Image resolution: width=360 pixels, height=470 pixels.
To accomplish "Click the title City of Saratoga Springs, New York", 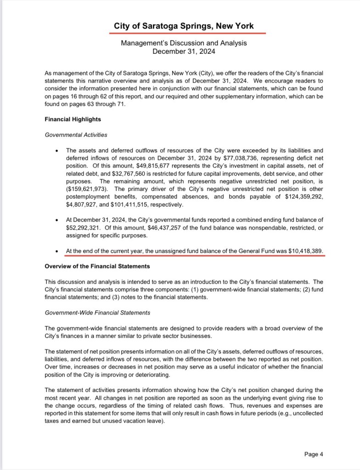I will [184, 26].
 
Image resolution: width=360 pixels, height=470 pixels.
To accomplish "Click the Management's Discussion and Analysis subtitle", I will [184, 43].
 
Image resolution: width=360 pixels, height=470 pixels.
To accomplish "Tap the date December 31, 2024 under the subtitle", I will [184, 51].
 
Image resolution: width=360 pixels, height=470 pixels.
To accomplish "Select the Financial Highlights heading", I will [73, 119].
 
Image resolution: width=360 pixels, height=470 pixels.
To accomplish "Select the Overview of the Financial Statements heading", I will [97, 266].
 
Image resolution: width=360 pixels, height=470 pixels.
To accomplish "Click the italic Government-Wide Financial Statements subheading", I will [97, 313].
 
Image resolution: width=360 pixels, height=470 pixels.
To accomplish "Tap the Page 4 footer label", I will [314, 454].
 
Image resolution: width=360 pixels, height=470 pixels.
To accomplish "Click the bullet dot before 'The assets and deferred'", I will [56, 150].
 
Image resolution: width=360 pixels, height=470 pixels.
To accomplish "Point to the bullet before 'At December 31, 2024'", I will [56, 219].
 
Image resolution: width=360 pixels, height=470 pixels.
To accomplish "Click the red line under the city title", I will [190, 34].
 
